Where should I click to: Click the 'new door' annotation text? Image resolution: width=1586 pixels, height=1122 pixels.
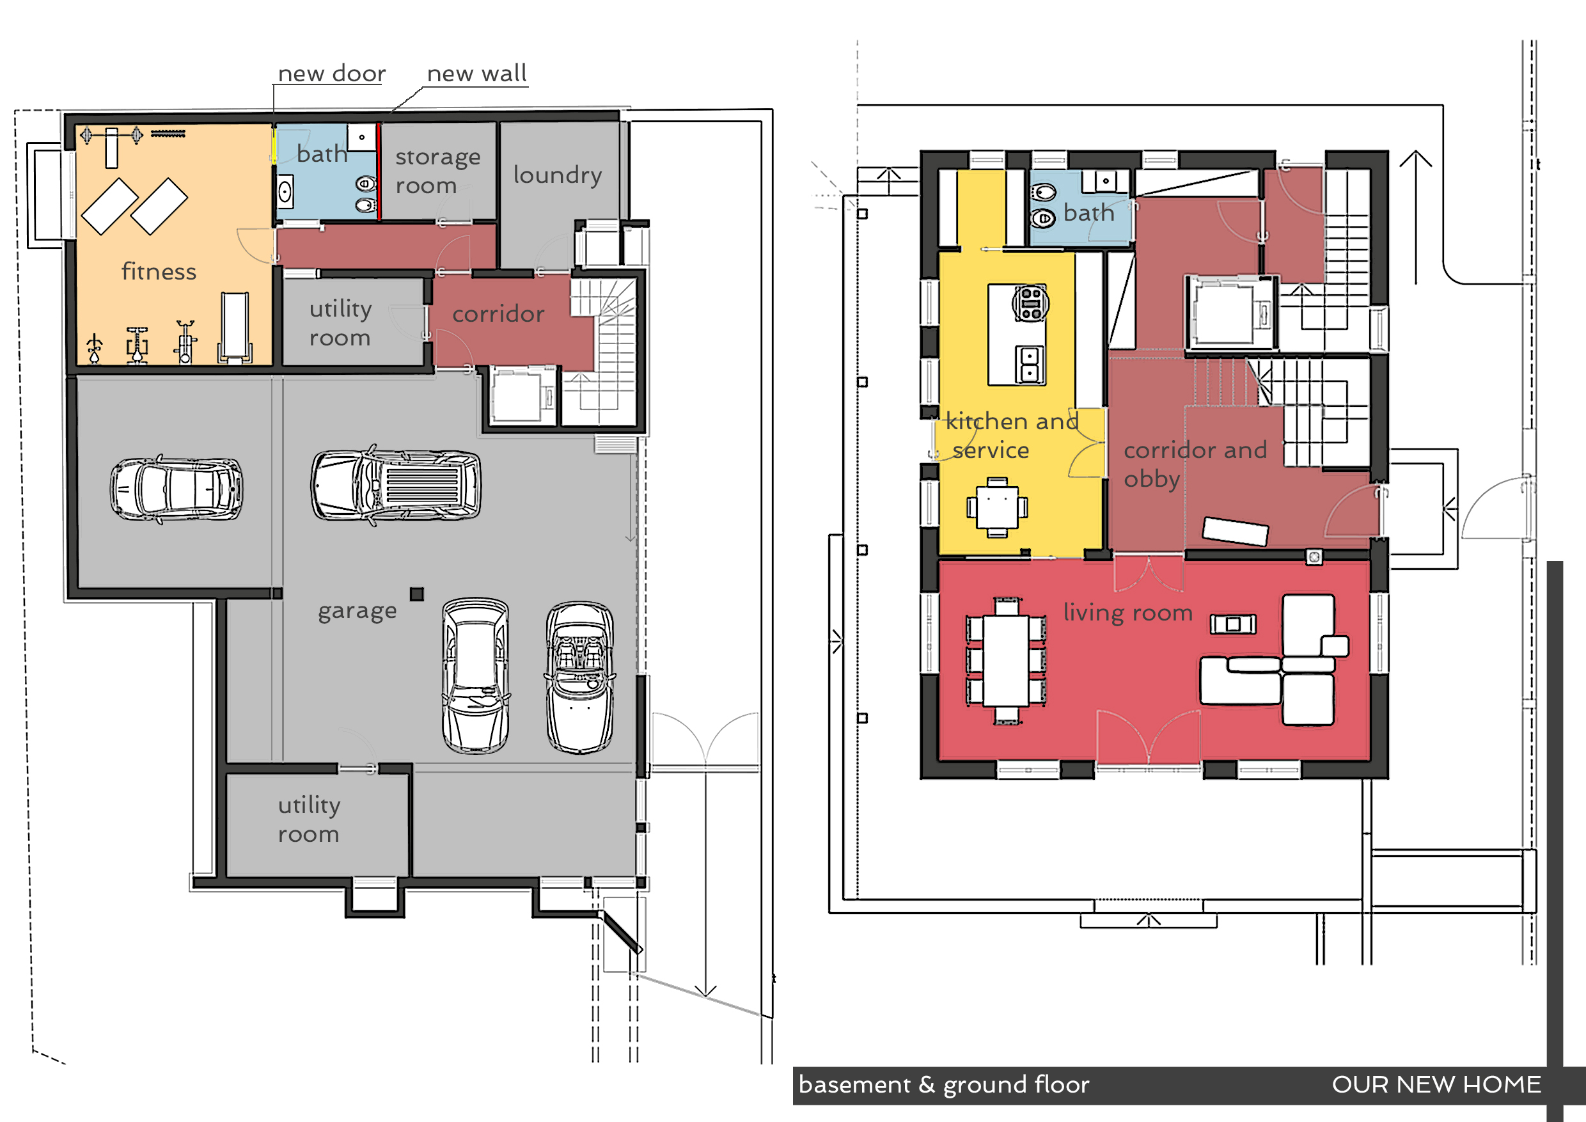(x=331, y=73)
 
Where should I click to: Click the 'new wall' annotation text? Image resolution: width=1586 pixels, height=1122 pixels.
(x=476, y=73)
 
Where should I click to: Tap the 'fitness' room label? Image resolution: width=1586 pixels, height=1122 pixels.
(x=159, y=271)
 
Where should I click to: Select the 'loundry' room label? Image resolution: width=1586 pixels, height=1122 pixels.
(x=558, y=175)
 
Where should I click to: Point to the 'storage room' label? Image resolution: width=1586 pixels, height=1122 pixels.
(x=437, y=171)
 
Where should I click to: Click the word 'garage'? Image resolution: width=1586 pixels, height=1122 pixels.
(x=357, y=612)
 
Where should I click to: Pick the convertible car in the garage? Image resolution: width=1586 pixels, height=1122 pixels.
(x=579, y=677)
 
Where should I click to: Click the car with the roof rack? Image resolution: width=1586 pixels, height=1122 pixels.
(x=396, y=485)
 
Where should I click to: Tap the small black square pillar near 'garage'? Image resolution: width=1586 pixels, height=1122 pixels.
(x=416, y=594)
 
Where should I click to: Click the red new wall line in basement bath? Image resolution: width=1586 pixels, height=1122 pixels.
(x=379, y=172)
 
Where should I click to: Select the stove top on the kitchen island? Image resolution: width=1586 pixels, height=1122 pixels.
(x=1031, y=303)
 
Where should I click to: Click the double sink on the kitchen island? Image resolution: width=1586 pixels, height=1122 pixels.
(x=1029, y=365)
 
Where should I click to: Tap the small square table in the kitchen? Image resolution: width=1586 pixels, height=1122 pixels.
(x=996, y=507)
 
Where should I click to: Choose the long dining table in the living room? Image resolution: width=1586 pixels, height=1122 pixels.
(x=1006, y=661)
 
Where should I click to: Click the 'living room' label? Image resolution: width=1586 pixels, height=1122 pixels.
(x=1127, y=613)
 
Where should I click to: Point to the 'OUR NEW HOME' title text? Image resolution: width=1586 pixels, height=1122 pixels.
(x=1436, y=1085)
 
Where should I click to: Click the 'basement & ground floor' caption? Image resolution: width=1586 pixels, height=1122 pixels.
(x=943, y=1086)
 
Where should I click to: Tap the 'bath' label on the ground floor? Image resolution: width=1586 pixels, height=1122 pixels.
(x=1088, y=213)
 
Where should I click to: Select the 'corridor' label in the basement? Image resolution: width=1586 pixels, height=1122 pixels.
(x=498, y=314)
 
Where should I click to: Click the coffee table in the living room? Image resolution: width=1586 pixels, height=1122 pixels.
(x=1233, y=624)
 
